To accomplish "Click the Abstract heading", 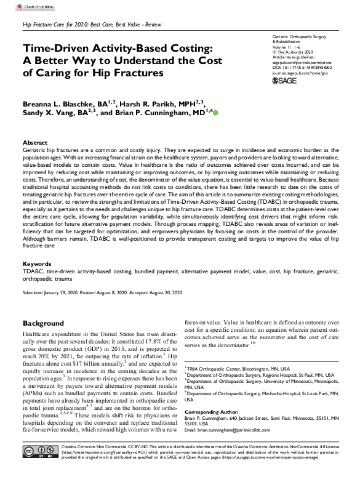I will click(35, 142).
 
